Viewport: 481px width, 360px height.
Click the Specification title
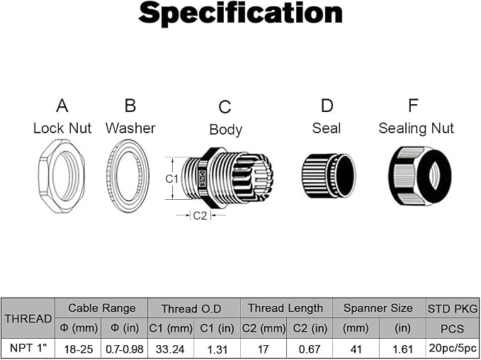click(x=241, y=13)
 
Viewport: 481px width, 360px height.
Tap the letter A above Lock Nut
click(x=62, y=106)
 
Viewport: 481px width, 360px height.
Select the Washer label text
click(x=130, y=128)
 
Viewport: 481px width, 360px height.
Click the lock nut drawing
click(x=62, y=176)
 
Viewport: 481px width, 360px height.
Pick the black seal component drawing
click(x=329, y=176)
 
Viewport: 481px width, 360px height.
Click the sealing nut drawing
click(x=420, y=176)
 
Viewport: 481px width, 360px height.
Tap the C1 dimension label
click(x=171, y=179)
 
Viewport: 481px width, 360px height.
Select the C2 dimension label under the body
click(x=200, y=215)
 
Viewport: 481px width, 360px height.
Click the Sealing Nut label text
click(x=416, y=128)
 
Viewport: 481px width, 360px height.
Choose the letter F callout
click(x=413, y=106)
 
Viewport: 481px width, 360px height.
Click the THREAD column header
click(x=28, y=319)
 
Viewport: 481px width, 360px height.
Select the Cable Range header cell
click(x=101, y=308)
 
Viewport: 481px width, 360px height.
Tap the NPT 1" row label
click(x=28, y=349)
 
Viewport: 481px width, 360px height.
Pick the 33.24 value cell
click(x=170, y=349)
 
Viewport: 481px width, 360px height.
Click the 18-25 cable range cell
click(x=79, y=349)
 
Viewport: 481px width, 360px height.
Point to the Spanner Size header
click(x=378, y=308)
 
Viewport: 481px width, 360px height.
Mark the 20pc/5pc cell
click(x=453, y=348)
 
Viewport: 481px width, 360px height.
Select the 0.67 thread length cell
click(x=310, y=349)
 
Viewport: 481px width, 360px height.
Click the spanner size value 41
click(x=356, y=349)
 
